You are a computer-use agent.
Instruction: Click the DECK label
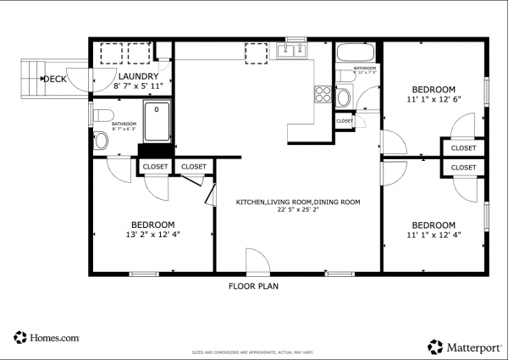coord(55,79)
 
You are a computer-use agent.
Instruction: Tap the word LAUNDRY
coord(135,75)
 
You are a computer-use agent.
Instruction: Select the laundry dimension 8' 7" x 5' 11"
coord(135,86)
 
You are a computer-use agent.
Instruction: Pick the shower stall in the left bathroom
coord(156,123)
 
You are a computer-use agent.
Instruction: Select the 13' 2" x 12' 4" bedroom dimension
coord(152,235)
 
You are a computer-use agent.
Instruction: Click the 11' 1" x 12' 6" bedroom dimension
coord(433,99)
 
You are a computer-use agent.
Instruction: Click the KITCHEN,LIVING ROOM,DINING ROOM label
coord(297,202)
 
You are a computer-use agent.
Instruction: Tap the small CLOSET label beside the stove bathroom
coord(345,121)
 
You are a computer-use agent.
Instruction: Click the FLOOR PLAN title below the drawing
coord(253,286)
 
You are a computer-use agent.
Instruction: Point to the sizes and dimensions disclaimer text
coord(254,351)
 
